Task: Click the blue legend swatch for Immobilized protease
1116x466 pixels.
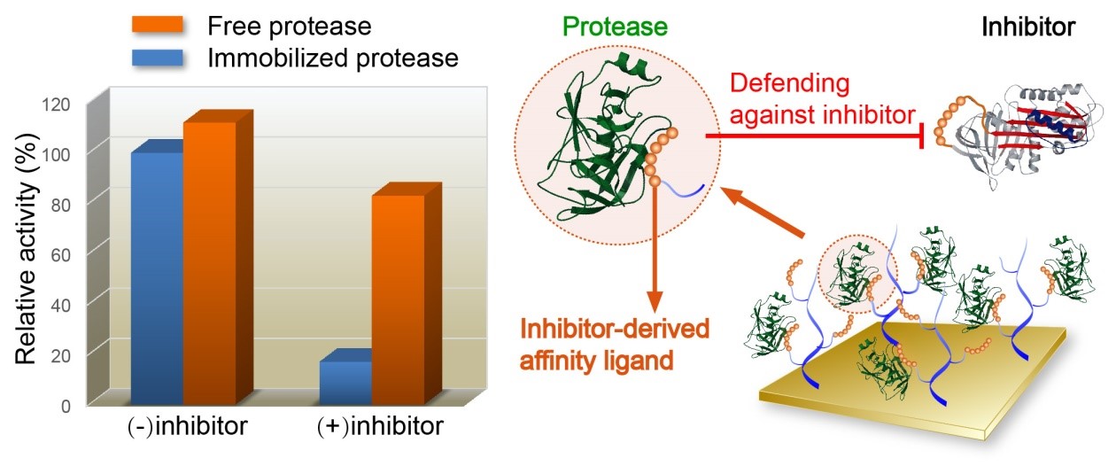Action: point(159,58)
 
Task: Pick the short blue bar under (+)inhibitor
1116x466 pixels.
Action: point(345,381)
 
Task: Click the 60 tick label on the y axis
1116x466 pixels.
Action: point(64,252)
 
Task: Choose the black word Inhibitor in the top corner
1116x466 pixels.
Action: point(1027,27)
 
